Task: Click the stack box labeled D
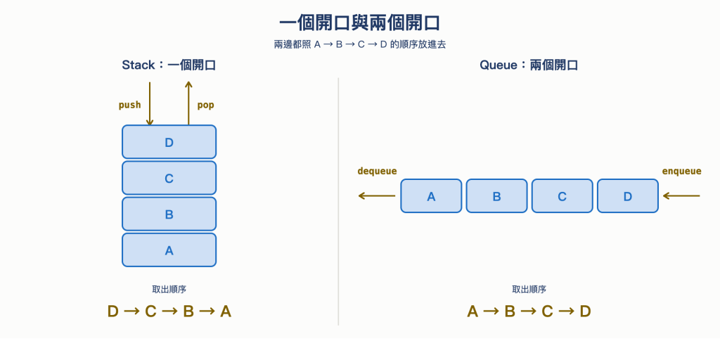tap(169, 142)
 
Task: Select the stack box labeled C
tap(169, 178)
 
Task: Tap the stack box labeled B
tap(169, 214)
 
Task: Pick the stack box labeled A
tap(169, 250)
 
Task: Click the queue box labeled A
tap(431, 196)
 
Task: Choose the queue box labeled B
tap(497, 196)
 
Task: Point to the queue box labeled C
tap(562, 196)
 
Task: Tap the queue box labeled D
tap(628, 196)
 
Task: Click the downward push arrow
tap(149, 104)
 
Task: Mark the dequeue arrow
tap(377, 196)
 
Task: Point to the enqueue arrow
tap(681, 196)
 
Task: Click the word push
tap(129, 105)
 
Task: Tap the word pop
tap(206, 105)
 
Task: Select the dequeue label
tap(377, 172)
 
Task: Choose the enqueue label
tap(681, 172)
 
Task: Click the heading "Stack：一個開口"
tap(169, 65)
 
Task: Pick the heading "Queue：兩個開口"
tap(529, 65)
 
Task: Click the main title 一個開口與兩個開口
tap(360, 23)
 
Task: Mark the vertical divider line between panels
tap(338, 202)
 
